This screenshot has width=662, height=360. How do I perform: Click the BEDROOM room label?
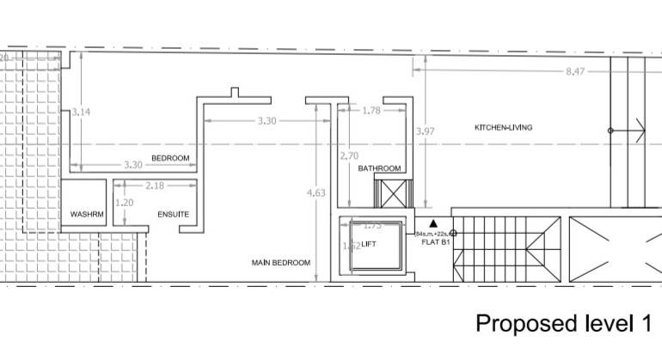170,158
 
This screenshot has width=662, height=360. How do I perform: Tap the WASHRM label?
87,214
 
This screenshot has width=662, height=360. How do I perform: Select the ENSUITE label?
173,214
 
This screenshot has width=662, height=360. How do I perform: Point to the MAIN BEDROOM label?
280,263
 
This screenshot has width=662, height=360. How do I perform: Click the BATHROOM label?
379,168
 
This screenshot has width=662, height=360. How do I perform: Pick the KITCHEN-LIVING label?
503,127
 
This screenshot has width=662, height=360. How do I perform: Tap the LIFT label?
369,245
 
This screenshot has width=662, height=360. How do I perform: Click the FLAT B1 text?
435,242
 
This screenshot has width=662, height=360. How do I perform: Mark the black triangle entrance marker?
433,223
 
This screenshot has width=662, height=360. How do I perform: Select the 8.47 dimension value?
574,71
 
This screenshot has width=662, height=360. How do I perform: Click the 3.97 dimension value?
425,131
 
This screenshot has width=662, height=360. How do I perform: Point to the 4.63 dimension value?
316,193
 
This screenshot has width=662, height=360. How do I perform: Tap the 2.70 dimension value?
349,156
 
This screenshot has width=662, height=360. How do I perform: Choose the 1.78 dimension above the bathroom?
371,110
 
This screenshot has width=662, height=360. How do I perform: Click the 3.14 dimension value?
80,112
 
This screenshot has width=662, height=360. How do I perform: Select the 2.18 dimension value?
155,185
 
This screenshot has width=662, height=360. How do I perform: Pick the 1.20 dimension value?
125,203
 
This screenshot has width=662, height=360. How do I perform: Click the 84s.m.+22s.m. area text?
432,234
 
